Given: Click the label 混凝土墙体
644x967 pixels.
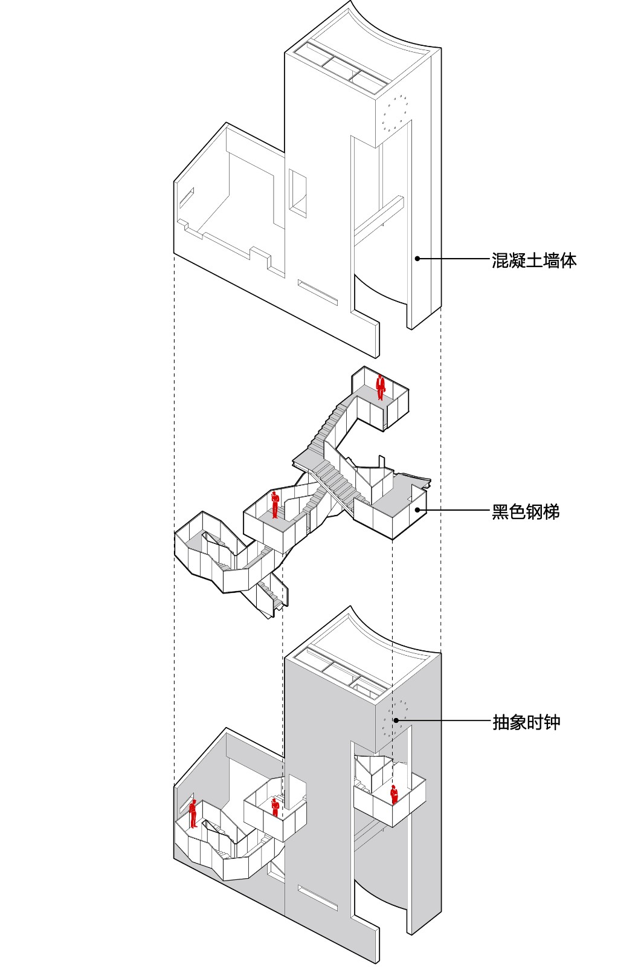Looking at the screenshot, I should pos(533,260).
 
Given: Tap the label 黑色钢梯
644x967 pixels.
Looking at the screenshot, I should pos(526,512).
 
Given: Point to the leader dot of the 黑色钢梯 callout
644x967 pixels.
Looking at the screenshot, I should pos(417,510).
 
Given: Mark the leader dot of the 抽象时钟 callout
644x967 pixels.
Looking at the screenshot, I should pos(396,720).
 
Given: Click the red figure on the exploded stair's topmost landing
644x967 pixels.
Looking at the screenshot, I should pos(381,387).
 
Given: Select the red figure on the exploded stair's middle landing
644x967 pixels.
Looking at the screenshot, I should pos(275,504).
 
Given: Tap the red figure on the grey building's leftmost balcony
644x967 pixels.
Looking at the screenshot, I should pos(193,813).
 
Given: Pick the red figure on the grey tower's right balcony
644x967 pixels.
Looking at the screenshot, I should pos(394,794).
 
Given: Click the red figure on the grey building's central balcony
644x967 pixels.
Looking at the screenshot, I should pos(275,807).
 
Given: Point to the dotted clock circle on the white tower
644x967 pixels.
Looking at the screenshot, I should pos(394,113).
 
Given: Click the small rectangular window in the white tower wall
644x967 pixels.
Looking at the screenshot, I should pos(298,192).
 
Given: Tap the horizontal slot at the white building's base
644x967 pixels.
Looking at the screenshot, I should pos(317,292).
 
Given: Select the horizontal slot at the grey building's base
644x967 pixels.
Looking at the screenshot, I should pos(317,897).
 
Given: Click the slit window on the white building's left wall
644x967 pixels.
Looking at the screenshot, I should pos(186,198).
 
